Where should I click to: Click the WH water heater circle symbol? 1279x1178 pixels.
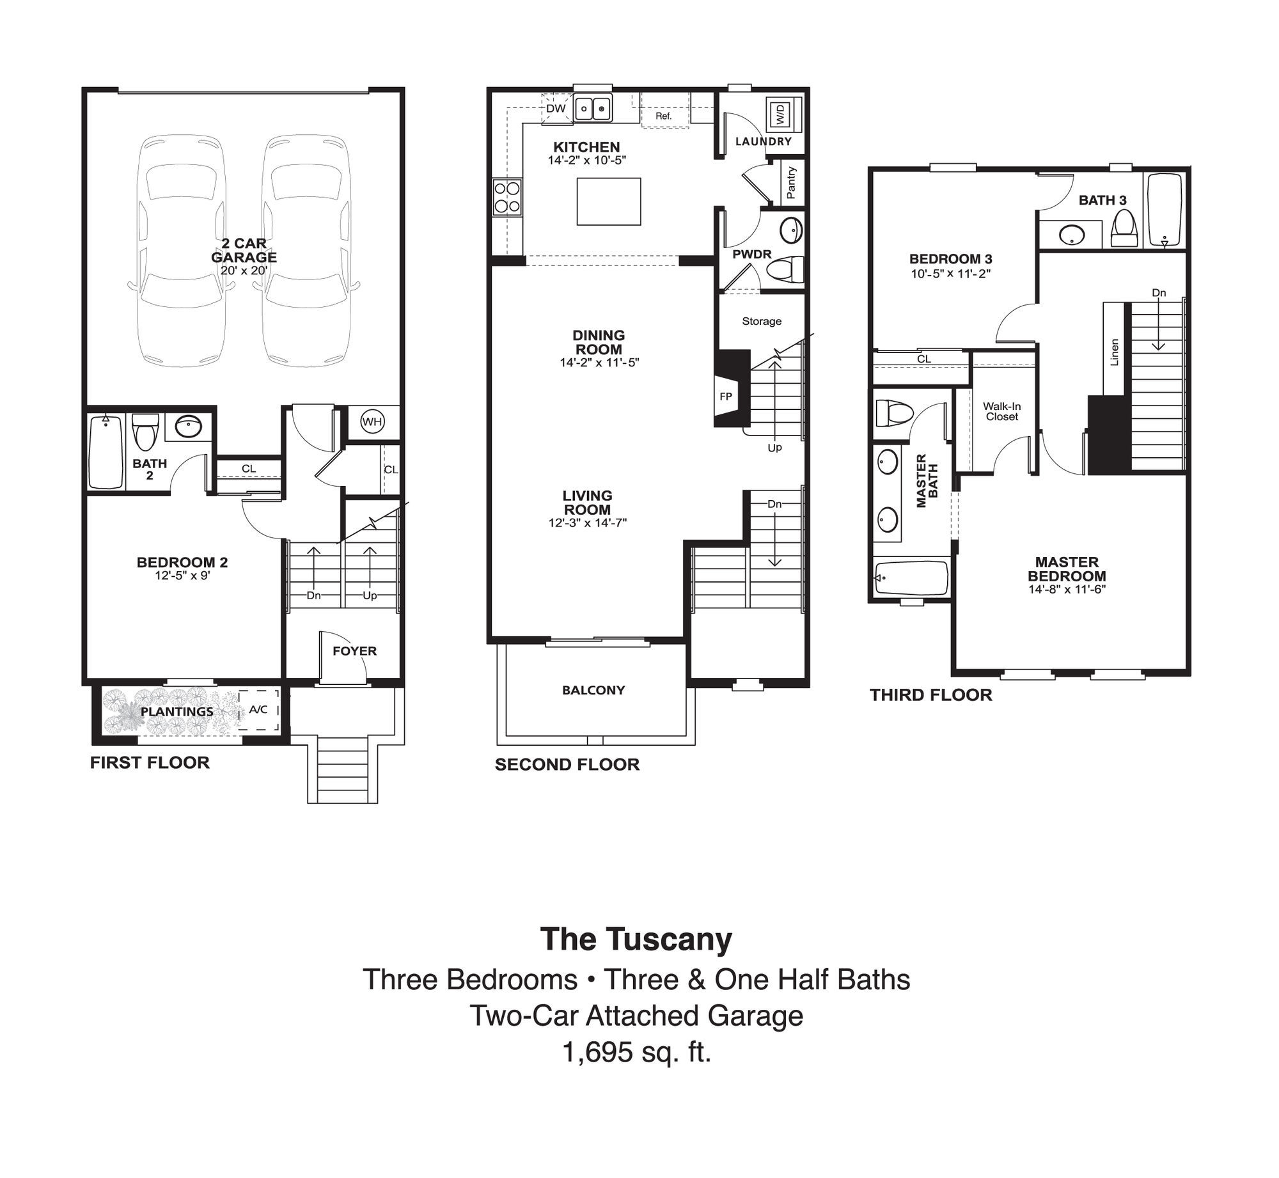coord(372,421)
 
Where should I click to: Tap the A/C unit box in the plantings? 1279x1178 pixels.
coord(258,709)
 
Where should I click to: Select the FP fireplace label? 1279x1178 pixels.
coord(725,397)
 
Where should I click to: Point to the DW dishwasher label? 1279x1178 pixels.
coord(556,108)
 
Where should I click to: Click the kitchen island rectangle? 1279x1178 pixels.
coord(609,201)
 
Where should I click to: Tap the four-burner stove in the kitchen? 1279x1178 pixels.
coord(507,198)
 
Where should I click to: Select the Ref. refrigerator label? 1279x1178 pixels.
coord(663,116)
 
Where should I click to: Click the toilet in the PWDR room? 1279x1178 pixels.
coord(784,269)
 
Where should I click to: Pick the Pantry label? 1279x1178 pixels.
coord(791,182)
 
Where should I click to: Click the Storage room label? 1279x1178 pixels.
coord(762,321)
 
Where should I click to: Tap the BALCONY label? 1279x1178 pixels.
coord(593,690)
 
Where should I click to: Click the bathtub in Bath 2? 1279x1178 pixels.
coord(106,452)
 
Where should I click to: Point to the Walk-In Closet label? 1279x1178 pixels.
coord(1001,411)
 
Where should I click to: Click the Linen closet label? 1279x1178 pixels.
coord(1115,352)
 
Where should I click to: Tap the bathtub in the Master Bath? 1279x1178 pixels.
coord(911,578)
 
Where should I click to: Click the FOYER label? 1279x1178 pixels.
coord(354,651)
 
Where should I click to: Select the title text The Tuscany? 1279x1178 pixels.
coord(636,939)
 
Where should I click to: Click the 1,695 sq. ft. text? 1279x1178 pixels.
coord(637,1052)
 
